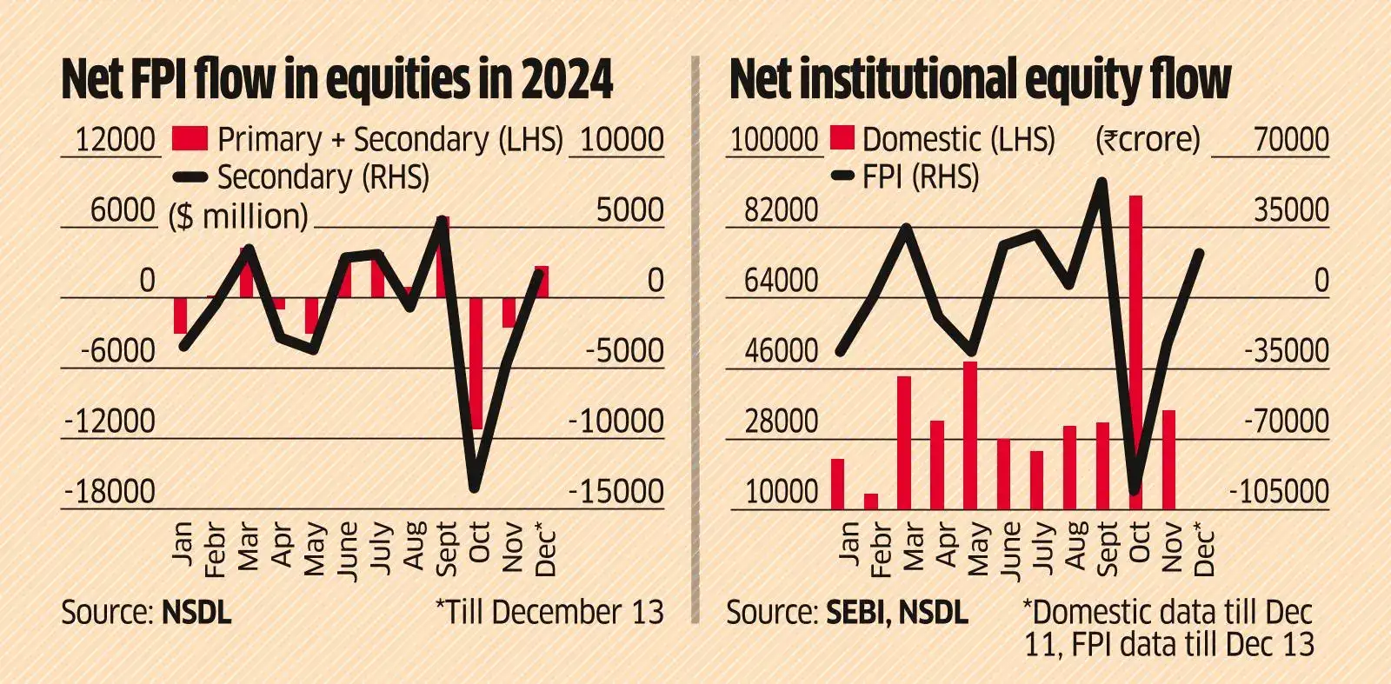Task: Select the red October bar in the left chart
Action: pos(476,362)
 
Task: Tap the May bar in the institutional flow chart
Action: pos(970,435)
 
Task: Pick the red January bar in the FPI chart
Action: pos(181,315)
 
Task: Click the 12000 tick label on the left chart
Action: pos(115,139)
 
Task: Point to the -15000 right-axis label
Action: pos(616,492)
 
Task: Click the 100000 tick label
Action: pos(774,139)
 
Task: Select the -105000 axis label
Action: pos(1278,492)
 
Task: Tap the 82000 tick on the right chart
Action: pos(782,210)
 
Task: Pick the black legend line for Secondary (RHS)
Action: pos(190,178)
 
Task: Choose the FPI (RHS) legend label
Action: pos(920,177)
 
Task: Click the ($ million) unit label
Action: pos(238,216)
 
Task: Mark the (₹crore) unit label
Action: pos(1147,139)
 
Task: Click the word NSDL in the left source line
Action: pos(196,613)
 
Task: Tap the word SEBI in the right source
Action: pos(855,613)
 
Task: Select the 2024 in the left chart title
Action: pos(567,80)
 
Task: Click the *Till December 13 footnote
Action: pos(549,613)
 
